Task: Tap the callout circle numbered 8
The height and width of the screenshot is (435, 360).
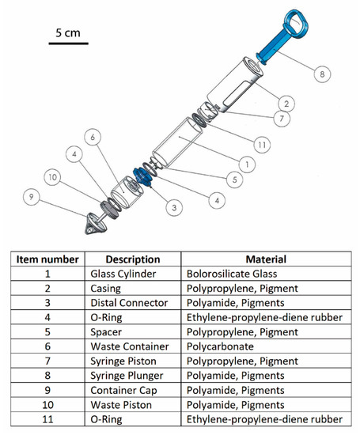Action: point(321,76)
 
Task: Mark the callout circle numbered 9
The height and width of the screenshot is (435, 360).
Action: point(32,195)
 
